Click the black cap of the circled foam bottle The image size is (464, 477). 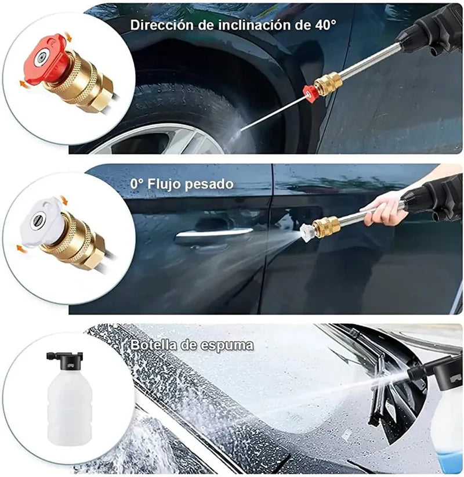(x=65, y=360)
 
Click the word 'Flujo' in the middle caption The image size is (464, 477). (x=165, y=184)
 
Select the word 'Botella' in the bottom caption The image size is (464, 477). (x=154, y=345)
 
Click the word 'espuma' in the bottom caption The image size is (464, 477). (x=227, y=345)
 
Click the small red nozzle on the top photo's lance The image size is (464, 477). (x=311, y=93)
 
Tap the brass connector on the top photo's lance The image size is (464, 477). (x=328, y=84)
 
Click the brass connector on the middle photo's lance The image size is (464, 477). (x=326, y=226)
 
